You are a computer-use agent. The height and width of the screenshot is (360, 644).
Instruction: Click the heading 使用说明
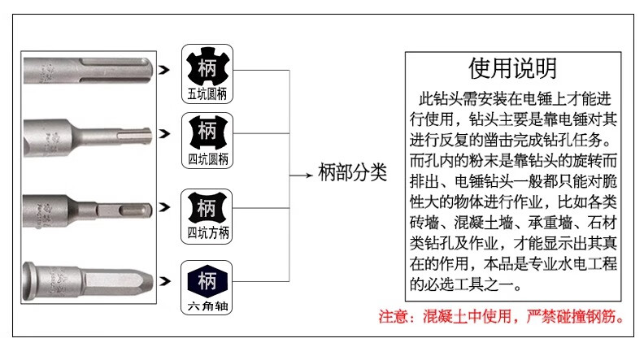pyautogui.click(x=512, y=68)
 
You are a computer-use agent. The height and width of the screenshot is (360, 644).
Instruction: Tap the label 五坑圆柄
pyautogui.click(x=207, y=94)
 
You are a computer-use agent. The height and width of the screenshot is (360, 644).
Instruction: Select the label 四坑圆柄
pyautogui.click(x=208, y=158)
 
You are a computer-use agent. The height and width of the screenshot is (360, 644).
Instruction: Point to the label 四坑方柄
pyautogui.click(x=208, y=232)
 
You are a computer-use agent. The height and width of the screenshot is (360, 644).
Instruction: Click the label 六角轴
pyautogui.click(x=207, y=306)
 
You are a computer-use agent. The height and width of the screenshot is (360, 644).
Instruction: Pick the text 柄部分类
pyautogui.click(x=352, y=172)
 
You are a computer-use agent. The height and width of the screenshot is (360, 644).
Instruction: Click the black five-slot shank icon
pyautogui.click(x=207, y=67)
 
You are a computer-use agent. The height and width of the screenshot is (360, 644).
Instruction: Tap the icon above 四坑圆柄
pyautogui.click(x=208, y=132)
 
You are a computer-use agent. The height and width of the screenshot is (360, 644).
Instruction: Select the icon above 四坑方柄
pyautogui.click(x=207, y=207)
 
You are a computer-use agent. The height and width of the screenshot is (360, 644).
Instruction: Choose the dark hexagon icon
pyautogui.click(x=207, y=281)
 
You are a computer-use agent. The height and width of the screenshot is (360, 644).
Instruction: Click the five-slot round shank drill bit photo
pyautogui.click(x=89, y=71)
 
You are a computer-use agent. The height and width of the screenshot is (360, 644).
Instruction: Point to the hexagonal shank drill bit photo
pyautogui.click(x=89, y=280)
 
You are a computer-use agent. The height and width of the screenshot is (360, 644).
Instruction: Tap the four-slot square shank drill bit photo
pyautogui.click(x=88, y=210)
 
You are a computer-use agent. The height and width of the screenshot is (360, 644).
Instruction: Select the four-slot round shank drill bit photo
pyautogui.click(x=88, y=136)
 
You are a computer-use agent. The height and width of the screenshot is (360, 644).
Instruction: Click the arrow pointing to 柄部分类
pyautogui.click(x=301, y=176)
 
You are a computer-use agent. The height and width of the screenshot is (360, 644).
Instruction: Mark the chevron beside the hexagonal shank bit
pyautogui.click(x=164, y=281)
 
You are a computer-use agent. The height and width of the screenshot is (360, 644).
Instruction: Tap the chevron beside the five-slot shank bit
pyautogui.click(x=164, y=70)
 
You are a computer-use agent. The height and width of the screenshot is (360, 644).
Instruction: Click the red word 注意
pyautogui.click(x=394, y=316)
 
